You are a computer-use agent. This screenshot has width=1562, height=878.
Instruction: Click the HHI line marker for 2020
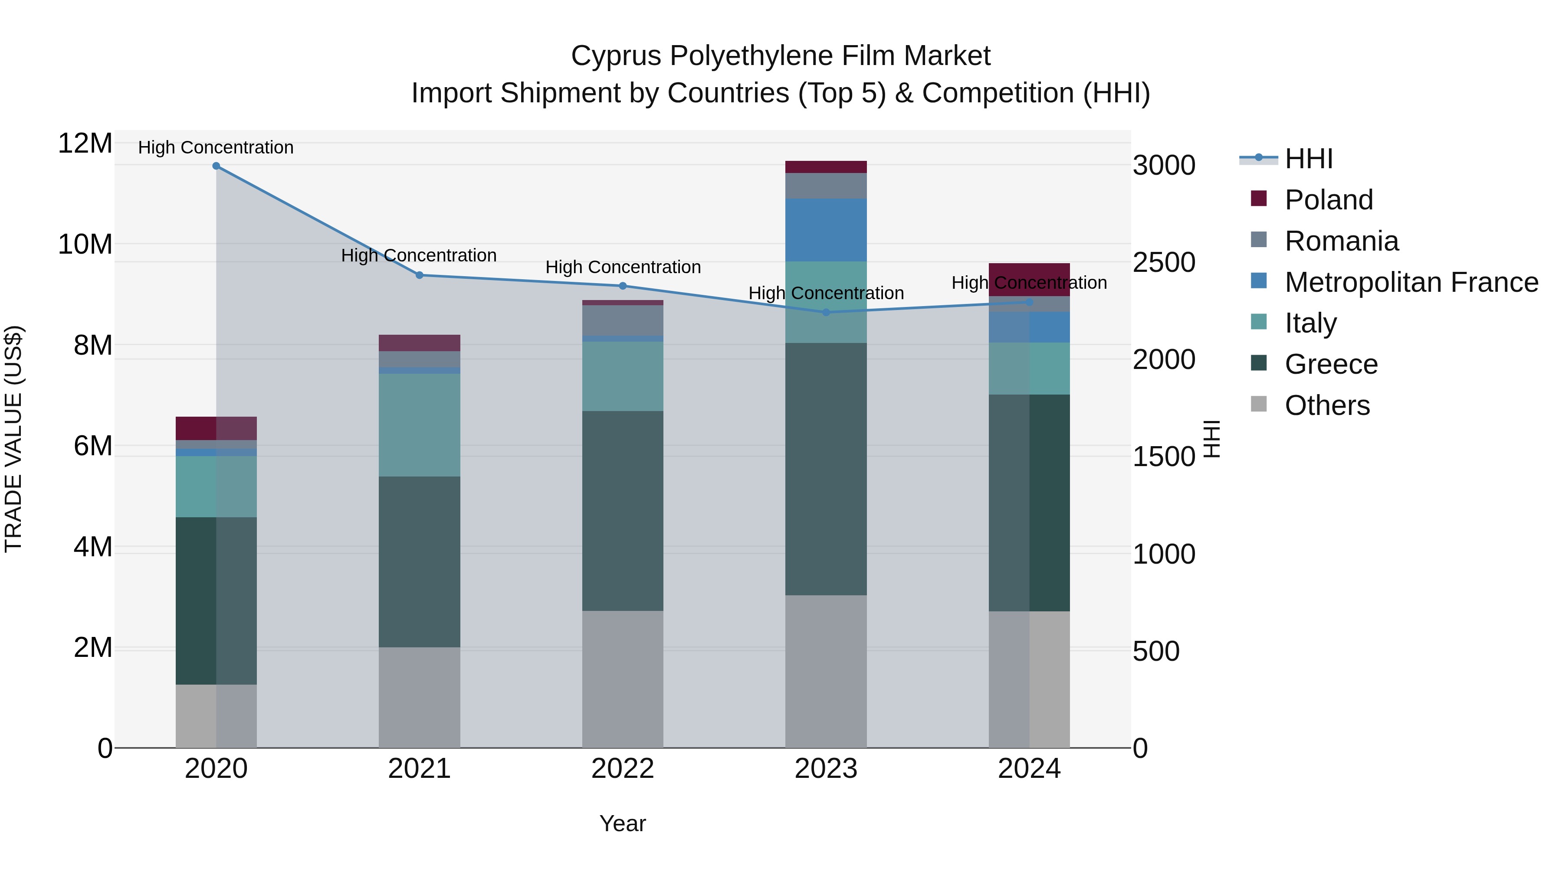click(216, 166)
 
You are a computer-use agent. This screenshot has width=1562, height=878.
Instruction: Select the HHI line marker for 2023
click(825, 313)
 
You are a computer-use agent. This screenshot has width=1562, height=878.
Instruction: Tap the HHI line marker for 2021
click(419, 275)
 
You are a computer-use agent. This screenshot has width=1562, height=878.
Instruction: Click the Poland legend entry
click(1328, 200)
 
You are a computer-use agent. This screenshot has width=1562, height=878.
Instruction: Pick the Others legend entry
click(1327, 405)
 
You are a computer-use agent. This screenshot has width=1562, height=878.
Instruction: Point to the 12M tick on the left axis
click(85, 144)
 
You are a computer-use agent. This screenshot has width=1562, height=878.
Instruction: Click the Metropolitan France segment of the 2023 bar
click(825, 230)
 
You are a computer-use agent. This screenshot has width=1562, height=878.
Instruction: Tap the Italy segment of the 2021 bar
click(419, 425)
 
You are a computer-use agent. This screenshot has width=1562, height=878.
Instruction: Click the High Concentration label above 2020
click(216, 147)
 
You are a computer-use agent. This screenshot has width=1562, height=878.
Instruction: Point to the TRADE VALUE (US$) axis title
click(13, 439)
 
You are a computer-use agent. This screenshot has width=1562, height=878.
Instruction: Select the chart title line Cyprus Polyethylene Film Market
click(781, 56)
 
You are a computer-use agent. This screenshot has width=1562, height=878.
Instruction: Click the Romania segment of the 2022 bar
click(622, 320)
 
